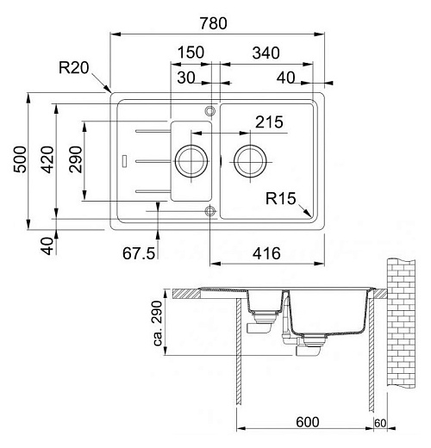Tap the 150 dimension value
190,53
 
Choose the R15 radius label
281,200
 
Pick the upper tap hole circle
209,110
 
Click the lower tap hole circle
209,209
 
